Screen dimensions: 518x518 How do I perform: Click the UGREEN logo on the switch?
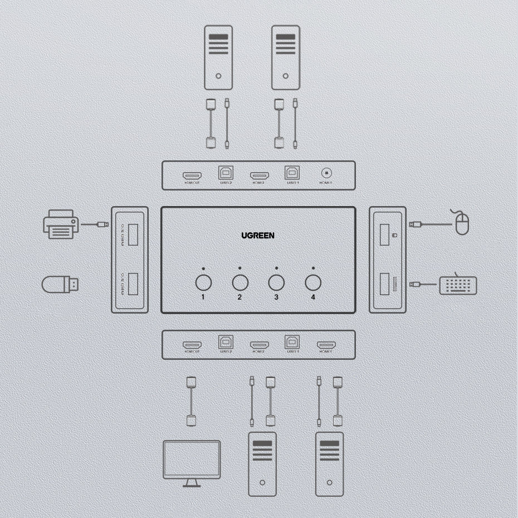258,236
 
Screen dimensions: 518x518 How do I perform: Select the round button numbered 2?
240,282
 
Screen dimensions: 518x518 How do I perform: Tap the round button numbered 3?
277,282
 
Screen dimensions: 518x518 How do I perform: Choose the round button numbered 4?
313,282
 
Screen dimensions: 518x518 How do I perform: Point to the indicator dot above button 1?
203,268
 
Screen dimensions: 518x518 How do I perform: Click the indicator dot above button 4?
313,268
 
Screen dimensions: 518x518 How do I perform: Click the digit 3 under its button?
276,297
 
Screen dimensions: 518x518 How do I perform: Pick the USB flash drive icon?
60,284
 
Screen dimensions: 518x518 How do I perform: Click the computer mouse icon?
462,223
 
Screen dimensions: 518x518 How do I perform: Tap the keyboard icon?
458,285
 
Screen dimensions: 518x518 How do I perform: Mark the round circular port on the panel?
325,173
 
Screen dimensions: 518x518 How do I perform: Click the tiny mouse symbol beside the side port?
394,236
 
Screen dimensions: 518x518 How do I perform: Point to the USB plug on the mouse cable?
415,224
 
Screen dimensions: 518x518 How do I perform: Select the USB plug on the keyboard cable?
415,285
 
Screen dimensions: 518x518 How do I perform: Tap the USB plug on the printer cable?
102,224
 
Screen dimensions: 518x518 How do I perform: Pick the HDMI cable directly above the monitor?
191,401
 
